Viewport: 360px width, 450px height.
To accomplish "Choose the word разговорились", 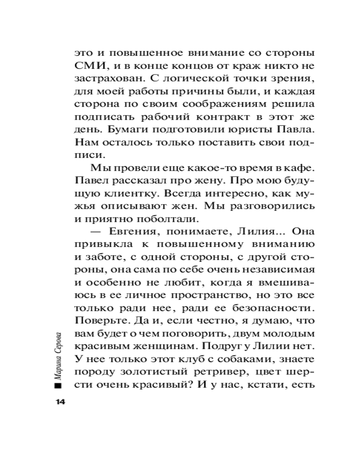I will click(x=275, y=208).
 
